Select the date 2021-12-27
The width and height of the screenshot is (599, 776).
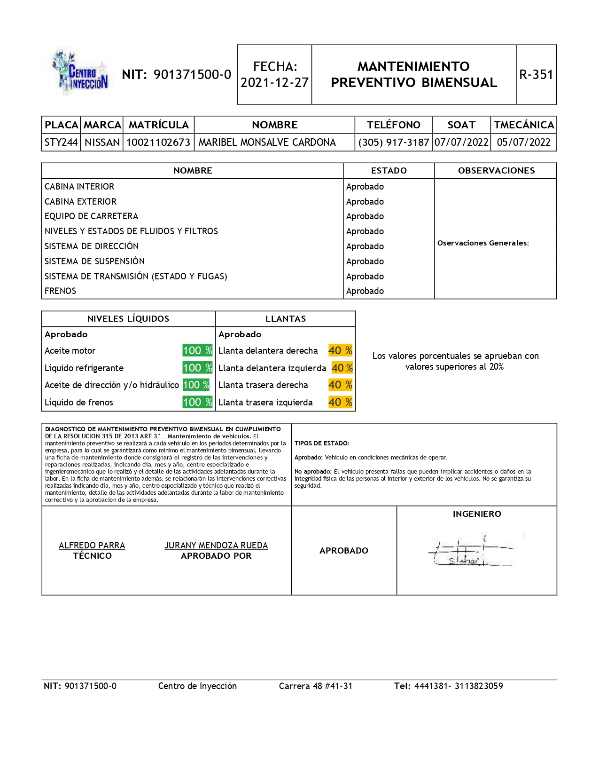tap(275, 83)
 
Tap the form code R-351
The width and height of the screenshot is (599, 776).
tap(536, 75)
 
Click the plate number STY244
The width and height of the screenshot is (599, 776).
tap(61, 143)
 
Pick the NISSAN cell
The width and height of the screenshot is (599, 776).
tap(102, 143)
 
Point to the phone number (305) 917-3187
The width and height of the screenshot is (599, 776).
tap(394, 143)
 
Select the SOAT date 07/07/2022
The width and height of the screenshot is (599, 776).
tap(461, 143)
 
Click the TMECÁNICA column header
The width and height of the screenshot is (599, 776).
tap(524, 125)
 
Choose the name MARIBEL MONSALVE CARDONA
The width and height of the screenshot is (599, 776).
tap(267, 143)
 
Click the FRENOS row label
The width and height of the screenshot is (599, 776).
tap(61, 291)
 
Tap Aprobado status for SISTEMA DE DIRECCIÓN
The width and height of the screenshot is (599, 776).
tap(365, 246)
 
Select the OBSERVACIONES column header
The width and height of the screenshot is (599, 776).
tap(496, 171)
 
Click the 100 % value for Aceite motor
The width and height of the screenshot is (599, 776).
tap(197, 351)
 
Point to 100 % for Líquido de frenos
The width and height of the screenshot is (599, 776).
tap(197, 403)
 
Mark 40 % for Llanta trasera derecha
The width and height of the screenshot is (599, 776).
tap(340, 385)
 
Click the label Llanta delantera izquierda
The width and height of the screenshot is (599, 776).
tap(272, 368)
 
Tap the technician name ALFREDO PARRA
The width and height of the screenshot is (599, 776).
tap(92, 546)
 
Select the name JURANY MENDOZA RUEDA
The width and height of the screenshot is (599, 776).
tap(216, 546)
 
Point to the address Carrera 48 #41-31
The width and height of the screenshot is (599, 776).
tap(316, 686)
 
